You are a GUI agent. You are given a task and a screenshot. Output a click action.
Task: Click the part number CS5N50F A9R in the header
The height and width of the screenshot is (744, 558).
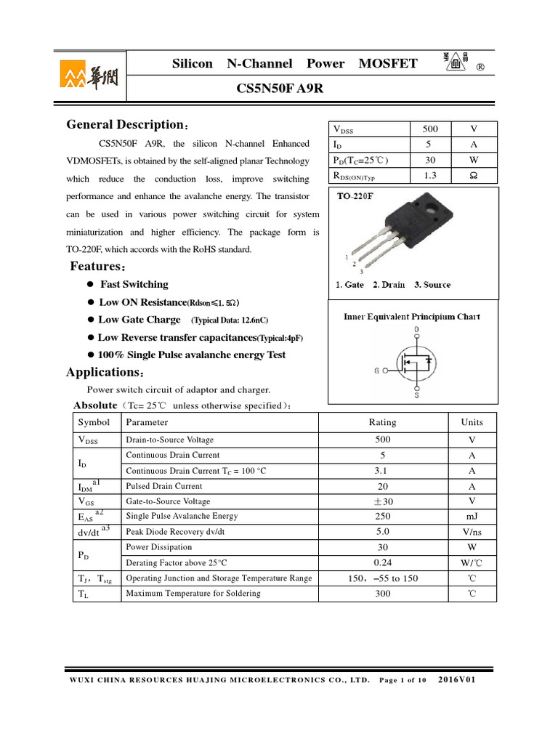(x=279, y=88)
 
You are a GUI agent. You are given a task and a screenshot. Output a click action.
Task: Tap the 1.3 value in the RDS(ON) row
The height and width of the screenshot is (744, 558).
(x=430, y=175)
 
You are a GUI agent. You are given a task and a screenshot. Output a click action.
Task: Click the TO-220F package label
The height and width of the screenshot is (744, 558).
(x=360, y=197)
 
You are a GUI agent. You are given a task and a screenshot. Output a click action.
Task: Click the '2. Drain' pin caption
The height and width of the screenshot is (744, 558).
(x=389, y=285)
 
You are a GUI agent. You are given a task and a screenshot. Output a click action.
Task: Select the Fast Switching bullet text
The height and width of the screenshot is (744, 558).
(x=134, y=284)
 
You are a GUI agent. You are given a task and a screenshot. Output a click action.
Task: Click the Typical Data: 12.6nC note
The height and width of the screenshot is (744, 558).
(x=230, y=320)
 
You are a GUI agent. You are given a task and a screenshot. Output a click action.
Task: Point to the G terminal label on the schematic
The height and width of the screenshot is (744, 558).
(x=378, y=371)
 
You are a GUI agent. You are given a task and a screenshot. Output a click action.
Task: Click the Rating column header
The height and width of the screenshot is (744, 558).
(x=382, y=422)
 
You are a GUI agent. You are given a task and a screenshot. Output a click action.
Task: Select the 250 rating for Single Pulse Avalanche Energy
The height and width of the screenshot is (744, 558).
(x=382, y=516)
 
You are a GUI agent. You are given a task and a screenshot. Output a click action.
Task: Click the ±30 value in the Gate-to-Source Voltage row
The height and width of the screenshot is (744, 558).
(x=382, y=501)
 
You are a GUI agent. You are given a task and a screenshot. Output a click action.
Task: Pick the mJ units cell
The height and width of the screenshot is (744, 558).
(x=472, y=516)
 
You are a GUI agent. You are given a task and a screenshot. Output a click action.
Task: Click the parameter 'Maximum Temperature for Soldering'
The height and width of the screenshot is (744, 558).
(x=193, y=594)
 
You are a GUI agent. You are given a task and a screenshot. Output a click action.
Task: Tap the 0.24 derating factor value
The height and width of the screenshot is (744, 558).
(x=382, y=562)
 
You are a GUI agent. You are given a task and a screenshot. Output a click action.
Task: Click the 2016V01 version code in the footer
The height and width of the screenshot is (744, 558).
(x=456, y=680)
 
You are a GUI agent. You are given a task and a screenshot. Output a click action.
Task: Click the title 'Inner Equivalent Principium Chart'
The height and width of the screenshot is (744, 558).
(x=412, y=317)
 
